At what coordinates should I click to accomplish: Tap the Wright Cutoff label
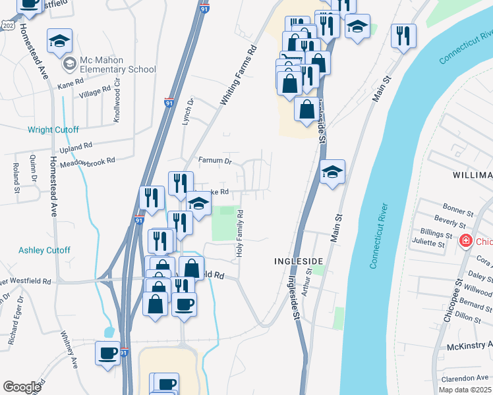(x=53, y=130)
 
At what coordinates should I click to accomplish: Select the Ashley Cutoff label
(x=44, y=250)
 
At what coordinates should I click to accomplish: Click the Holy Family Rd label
(x=241, y=233)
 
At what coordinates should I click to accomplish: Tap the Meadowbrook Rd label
(x=88, y=161)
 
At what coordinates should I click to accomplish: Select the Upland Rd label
(x=76, y=147)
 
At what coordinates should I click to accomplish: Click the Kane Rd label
(x=71, y=83)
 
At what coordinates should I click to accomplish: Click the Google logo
(x=22, y=386)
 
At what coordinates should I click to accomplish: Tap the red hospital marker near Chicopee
(x=466, y=242)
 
